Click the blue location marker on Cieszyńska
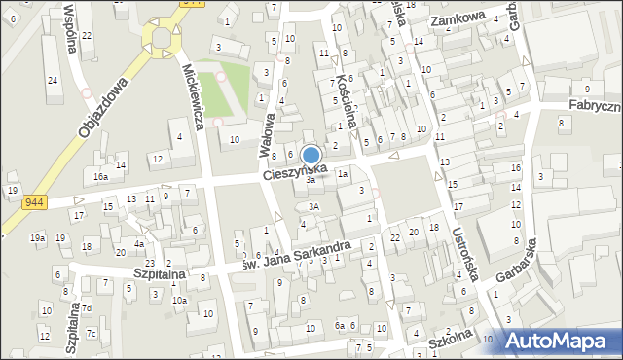pyautogui.click(x=311, y=156)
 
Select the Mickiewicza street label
pyautogui.click(x=193, y=97)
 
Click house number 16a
pyautogui.click(x=100, y=177)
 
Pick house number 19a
pyautogui.click(x=37, y=238)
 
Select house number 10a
pyautogui.click(x=179, y=301)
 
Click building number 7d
pyautogui.click(x=87, y=309)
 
